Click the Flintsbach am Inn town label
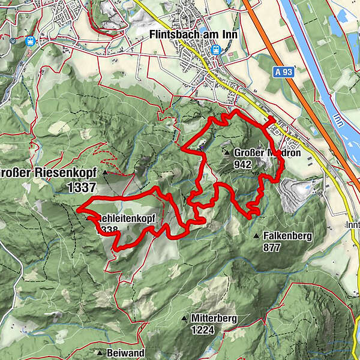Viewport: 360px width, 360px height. point(193,35)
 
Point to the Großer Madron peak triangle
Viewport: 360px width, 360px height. point(227,153)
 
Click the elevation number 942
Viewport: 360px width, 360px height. point(243,164)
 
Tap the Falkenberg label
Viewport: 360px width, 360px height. point(287,236)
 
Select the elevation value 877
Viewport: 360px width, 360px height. point(272,247)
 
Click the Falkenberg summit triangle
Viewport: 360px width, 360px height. point(256,236)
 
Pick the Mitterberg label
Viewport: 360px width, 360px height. point(214,318)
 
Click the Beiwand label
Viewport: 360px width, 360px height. point(125,352)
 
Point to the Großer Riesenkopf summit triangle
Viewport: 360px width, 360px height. point(105,173)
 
